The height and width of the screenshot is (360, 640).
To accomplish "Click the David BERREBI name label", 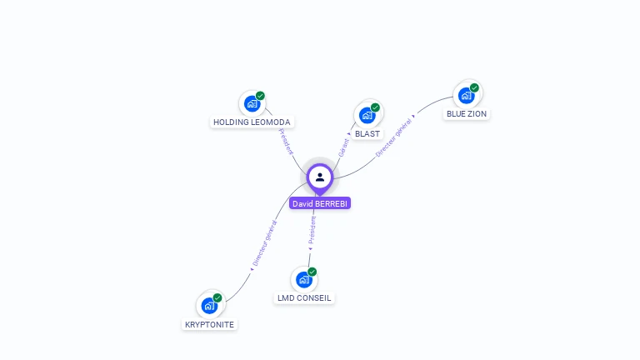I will (x=320, y=203).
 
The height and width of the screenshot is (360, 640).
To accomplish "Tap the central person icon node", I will (x=320, y=177).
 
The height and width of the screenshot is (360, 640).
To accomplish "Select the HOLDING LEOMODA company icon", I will (x=251, y=103).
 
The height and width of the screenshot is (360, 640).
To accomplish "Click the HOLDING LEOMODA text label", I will (x=252, y=122).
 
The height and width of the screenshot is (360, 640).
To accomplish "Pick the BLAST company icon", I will (x=367, y=115).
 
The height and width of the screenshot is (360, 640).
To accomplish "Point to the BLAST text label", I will (x=367, y=133).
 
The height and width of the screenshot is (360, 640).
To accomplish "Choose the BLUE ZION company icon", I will (x=466, y=95).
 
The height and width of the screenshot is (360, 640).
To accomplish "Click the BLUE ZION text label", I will (x=467, y=113).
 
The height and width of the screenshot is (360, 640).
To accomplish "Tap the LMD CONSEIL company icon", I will (x=303, y=279).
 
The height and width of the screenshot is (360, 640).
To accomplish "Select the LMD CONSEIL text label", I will (x=304, y=297).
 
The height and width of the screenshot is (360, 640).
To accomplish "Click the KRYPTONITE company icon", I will (x=209, y=305).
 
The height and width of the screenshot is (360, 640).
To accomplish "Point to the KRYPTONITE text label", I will (x=209, y=324).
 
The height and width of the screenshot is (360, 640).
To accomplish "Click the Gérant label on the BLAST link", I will (x=343, y=147).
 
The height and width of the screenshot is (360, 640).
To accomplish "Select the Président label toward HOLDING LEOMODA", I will (x=286, y=141).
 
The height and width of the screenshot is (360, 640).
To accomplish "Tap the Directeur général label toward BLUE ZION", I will (x=394, y=137).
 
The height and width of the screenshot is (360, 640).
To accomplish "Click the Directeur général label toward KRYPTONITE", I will (x=265, y=243).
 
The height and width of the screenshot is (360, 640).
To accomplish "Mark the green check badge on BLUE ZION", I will (x=474, y=87).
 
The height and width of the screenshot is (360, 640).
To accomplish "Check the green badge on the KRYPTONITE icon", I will (x=217, y=297).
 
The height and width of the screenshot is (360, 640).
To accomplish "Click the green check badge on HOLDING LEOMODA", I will (x=260, y=96).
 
